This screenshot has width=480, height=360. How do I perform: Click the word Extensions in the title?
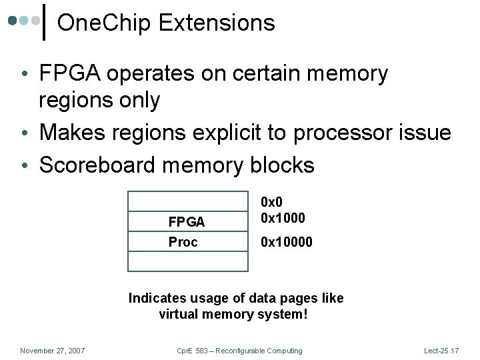217,23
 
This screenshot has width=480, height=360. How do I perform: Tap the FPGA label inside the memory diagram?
187,222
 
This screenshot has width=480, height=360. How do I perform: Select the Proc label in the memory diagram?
183,242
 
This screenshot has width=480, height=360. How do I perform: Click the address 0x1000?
283,218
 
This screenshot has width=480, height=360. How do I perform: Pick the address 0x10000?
287,242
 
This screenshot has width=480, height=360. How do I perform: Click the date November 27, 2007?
53,351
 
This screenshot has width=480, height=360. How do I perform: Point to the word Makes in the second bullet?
69,132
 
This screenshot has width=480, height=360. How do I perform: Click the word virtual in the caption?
178,314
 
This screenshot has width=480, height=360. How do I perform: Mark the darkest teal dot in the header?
13,20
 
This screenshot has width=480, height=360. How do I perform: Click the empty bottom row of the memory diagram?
188,261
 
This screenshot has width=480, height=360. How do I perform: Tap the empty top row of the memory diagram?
188,201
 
